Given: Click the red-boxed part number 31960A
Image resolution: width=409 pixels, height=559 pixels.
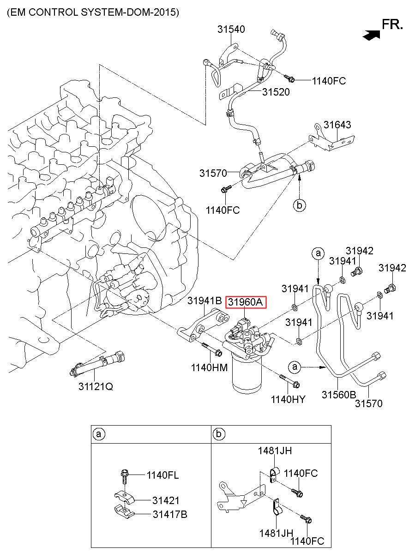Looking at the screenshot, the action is click(x=246, y=302).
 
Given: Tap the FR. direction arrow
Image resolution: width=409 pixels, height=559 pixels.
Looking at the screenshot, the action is click(x=371, y=35).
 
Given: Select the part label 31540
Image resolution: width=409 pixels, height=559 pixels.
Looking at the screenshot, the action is click(x=231, y=29).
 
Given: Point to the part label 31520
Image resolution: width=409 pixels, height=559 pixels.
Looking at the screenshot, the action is click(x=276, y=92).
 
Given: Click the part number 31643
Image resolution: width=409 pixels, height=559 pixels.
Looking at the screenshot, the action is click(x=337, y=125).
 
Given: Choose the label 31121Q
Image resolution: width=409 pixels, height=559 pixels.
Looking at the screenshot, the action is click(x=96, y=386).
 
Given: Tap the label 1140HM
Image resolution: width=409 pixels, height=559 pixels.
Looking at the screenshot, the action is click(x=209, y=367).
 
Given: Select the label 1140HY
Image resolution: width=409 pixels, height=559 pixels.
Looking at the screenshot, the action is click(x=288, y=399).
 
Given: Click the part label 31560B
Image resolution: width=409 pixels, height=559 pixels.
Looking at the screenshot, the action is click(x=339, y=395).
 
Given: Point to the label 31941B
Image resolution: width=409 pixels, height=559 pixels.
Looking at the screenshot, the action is click(x=204, y=301).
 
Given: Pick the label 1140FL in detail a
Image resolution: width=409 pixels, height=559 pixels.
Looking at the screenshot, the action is click(x=162, y=475).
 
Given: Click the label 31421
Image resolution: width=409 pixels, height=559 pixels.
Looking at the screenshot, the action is click(x=166, y=500).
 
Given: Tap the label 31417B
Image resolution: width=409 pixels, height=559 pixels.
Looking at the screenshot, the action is click(x=170, y=514).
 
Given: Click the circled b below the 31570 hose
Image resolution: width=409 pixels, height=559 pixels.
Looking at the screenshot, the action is click(x=299, y=205).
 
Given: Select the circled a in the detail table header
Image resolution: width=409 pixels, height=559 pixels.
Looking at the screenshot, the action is click(x=99, y=434).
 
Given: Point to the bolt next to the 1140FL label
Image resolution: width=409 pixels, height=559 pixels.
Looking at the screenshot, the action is click(x=125, y=477).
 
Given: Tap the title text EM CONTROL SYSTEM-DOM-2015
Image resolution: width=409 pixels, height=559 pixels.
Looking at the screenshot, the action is click(x=93, y=12).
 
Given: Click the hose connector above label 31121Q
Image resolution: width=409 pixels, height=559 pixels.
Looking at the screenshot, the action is click(x=97, y=365).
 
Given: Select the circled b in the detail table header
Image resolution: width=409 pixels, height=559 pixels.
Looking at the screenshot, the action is click(x=219, y=434).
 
